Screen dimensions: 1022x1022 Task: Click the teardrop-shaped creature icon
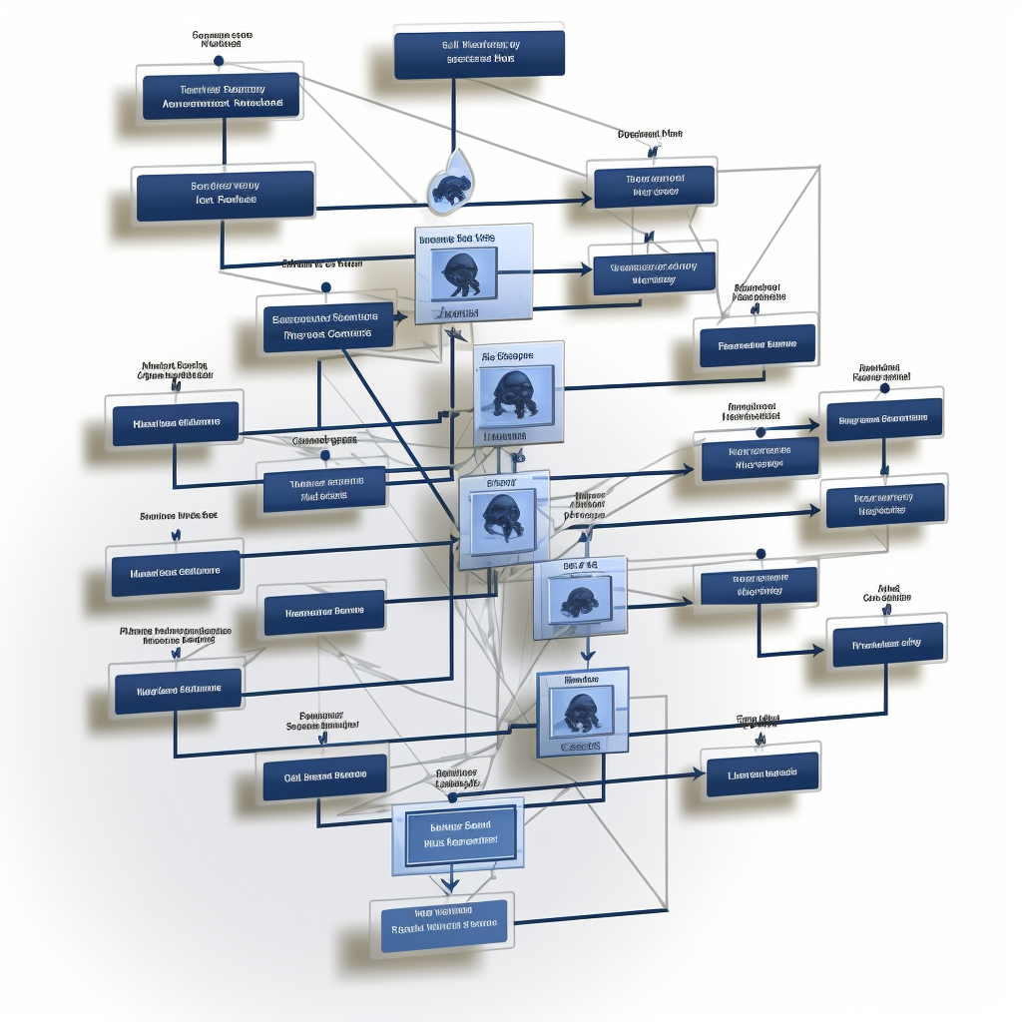coord(451,185)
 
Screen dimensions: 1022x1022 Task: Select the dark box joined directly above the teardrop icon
coord(479,54)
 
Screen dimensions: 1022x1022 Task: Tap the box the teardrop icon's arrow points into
coord(654,186)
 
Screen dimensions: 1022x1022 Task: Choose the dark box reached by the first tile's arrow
coord(654,273)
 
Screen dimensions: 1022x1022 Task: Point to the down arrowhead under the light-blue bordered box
coord(450,885)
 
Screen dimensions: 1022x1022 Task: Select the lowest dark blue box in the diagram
coord(444,925)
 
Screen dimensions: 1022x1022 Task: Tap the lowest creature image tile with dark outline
coord(582,712)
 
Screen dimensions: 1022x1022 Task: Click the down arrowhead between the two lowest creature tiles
coord(588,657)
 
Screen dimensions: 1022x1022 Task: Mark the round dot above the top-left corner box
coord(219,62)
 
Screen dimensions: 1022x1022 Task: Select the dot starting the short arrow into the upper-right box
coord(761,432)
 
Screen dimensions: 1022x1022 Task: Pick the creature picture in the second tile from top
coord(515,393)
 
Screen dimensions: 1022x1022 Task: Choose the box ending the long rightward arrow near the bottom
coord(763,773)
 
